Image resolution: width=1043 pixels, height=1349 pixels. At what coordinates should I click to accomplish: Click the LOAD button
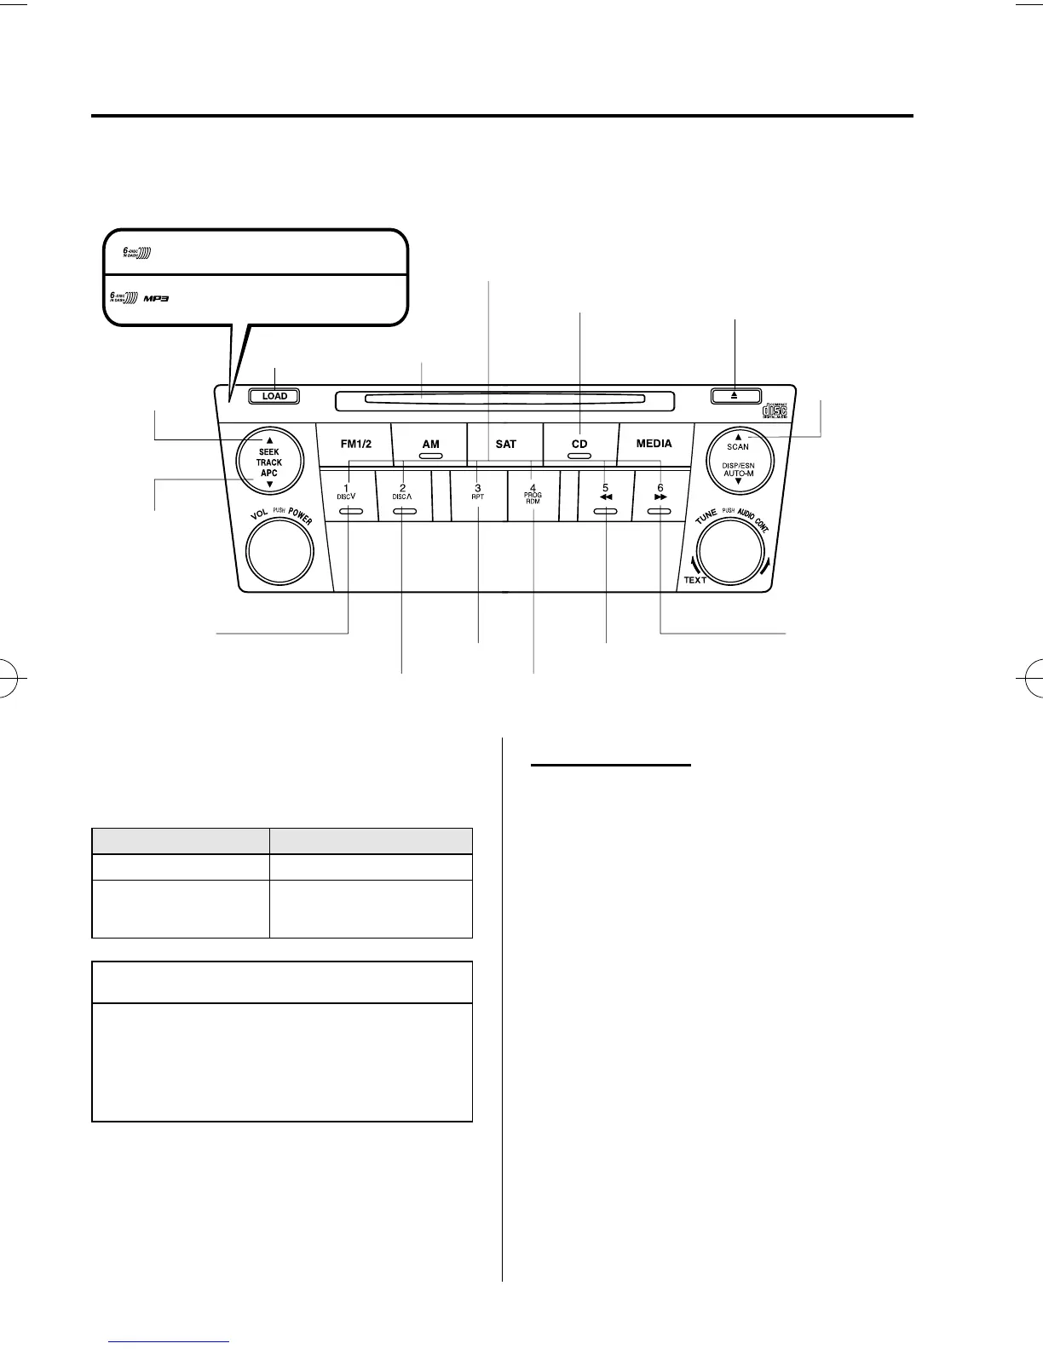tap(274, 396)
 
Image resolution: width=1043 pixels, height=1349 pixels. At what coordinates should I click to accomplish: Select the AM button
tap(430, 445)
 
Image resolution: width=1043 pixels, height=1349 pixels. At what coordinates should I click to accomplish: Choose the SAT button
tap(505, 444)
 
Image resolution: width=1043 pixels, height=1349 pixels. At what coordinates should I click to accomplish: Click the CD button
tap(579, 445)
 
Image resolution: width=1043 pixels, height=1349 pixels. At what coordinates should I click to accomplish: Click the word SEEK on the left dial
tap(269, 452)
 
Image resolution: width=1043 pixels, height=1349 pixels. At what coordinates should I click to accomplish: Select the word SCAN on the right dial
tap(738, 446)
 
